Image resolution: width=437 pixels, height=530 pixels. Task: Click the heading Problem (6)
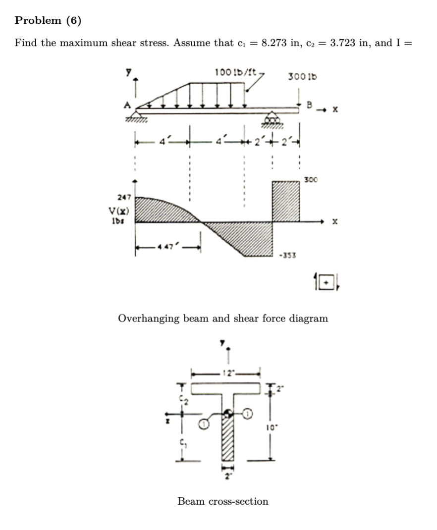pos(48,20)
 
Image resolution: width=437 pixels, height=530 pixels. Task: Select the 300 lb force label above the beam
pos(302,77)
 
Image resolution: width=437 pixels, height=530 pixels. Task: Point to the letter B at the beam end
pos(310,105)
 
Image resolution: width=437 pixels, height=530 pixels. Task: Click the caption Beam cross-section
pos(223,501)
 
